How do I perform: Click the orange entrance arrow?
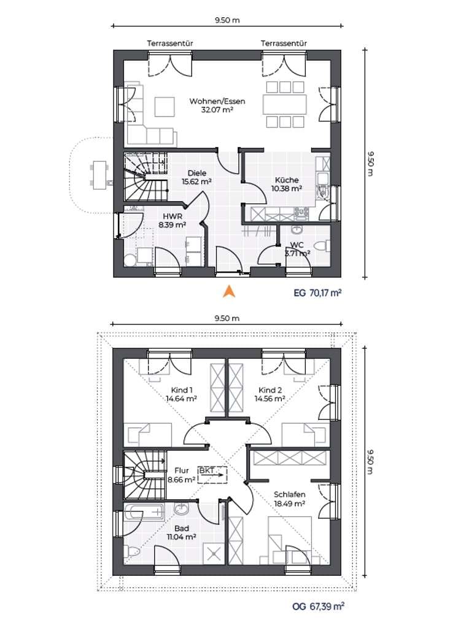point(228,291)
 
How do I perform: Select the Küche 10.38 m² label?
point(286,184)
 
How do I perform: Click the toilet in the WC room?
point(324,245)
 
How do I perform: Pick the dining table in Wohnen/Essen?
point(285,104)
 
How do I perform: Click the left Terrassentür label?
point(170,44)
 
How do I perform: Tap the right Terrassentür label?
point(284,44)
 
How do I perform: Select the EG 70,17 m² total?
point(317,293)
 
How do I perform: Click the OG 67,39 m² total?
point(318,607)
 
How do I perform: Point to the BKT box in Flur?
point(212,475)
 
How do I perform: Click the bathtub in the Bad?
point(144,512)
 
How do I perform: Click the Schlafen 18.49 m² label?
point(290,499)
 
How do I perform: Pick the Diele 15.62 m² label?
point(196,177)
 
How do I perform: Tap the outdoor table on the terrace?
point(99,175)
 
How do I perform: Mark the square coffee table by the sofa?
point(165,107)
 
